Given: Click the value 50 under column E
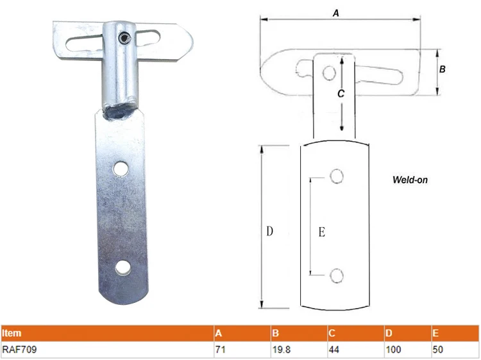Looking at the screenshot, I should click(x=439, y=350).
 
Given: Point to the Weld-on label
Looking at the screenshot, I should click(x=410, y=180).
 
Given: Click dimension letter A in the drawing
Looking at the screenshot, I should click(x=336, y=13).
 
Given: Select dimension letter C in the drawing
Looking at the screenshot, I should click(x=341, y=94).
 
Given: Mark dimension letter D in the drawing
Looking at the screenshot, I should click(x=269, y=231).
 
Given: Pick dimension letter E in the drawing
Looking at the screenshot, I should click(x=322, y=232).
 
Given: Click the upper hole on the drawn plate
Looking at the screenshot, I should click(x=337, y=176).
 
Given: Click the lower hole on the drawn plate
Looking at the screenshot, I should click(x=337, y=276).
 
